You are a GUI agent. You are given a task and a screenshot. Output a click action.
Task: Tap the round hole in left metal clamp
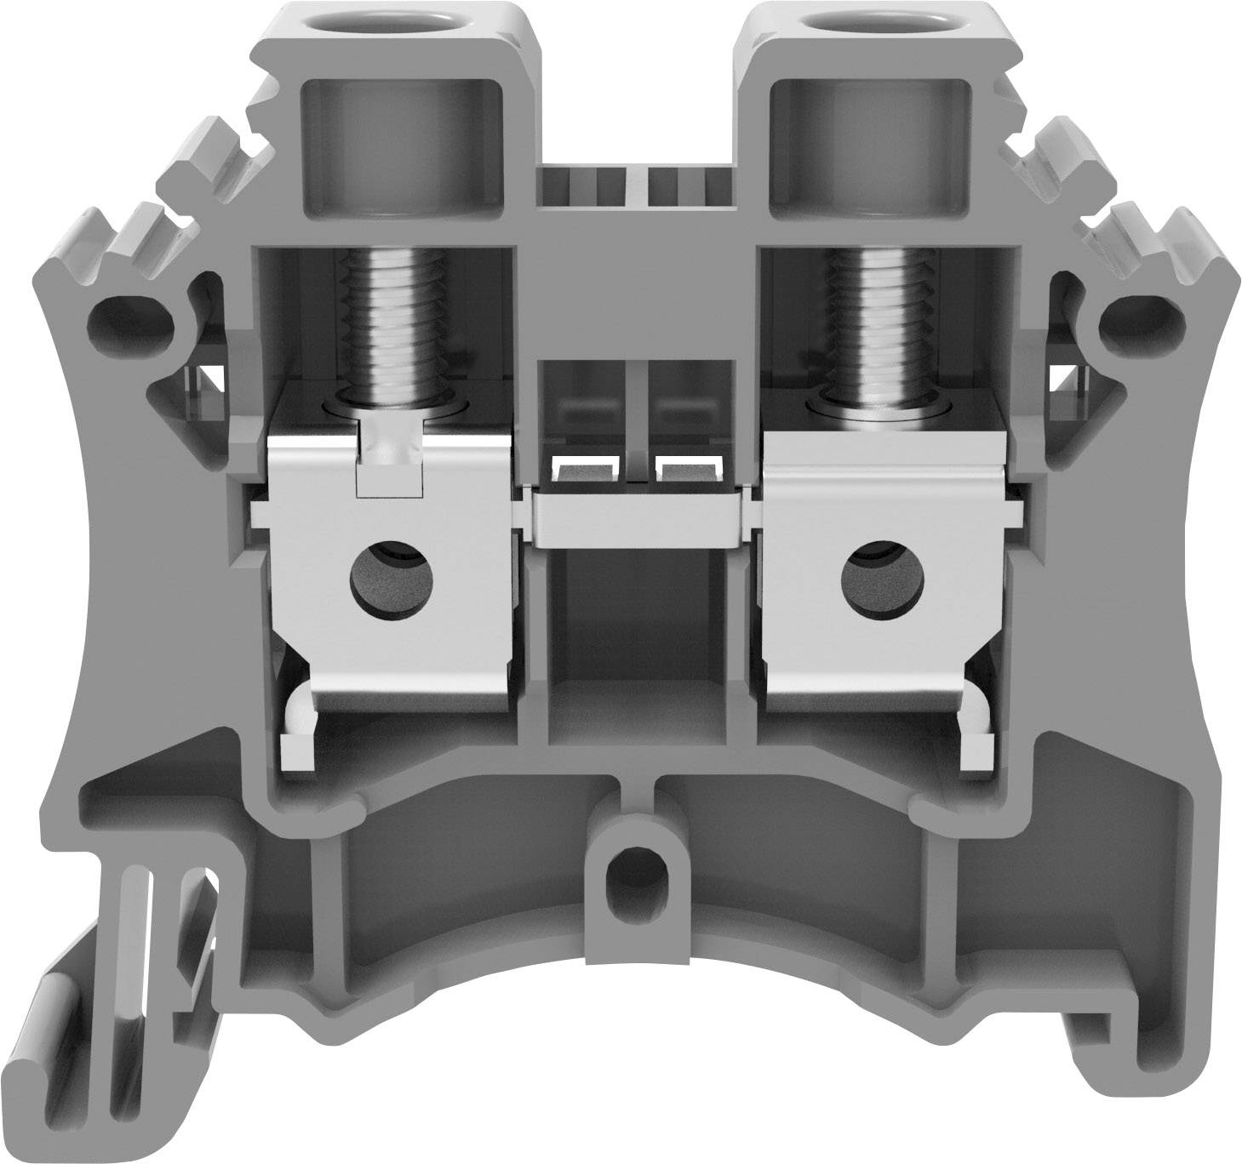coord(392,584)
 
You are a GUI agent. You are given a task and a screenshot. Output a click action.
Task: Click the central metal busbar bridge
coord(634,516)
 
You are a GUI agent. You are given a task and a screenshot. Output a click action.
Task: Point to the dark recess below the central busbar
coord(634,647)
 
